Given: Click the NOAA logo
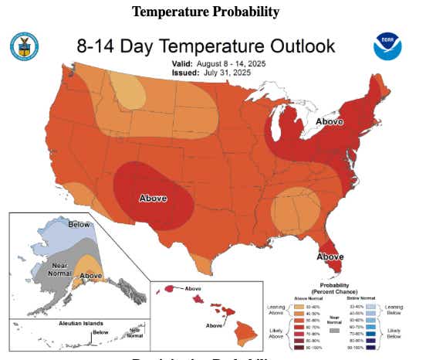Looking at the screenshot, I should [x=387, y=46].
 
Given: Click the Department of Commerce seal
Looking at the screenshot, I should [x=23, y=46].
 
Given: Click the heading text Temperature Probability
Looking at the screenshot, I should [x=205, y=12].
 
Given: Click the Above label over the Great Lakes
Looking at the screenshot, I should [x=330, y=121].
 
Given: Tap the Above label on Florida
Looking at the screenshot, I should [x=330, y=256].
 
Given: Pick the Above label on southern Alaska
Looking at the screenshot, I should [x=91, y=275].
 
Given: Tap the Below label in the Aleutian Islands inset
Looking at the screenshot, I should [x=100, y=334].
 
